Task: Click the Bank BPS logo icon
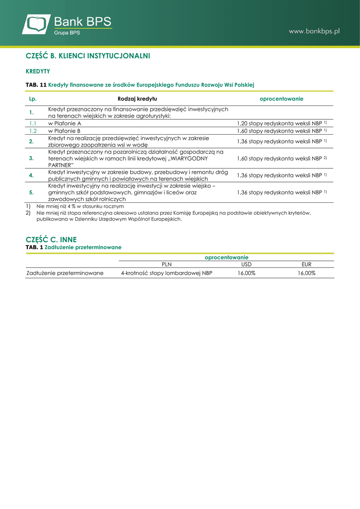point(37,24)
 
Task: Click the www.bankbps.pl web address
point(314,31)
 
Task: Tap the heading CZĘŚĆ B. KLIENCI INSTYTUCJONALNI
point(88,56)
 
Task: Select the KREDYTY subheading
point(38,72)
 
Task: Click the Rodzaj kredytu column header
point(137,99)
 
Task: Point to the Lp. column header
point(33,99)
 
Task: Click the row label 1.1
point(33,123)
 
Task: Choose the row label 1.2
point(33,131)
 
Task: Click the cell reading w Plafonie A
point(65,123)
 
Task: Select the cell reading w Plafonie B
point(65,131)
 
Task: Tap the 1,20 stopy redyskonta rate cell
point(281,123)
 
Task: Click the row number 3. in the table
point(31,158)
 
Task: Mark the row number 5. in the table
point(31,192)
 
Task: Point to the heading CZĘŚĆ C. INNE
point(51,239)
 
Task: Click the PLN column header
point(167,264)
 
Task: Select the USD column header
point(247,264)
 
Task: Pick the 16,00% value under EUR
point(307,273)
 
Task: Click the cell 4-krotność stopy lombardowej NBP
point(167,273)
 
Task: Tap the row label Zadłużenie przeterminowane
point(65,273)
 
